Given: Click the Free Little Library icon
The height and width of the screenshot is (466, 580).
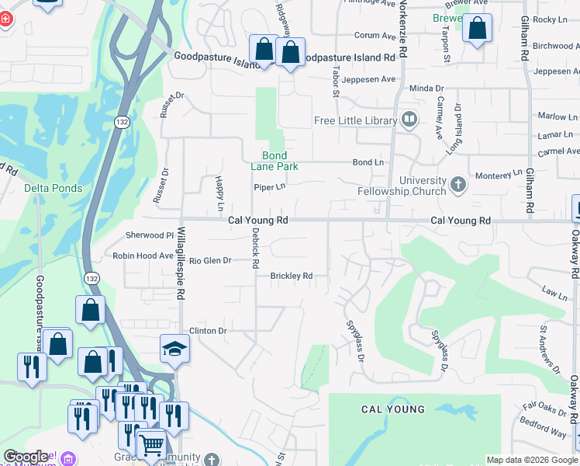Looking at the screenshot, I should [409, 120].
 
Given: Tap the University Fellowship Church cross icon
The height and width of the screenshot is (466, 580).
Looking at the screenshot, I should [458, 184].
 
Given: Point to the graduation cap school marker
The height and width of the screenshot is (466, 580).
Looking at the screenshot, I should [174, 348].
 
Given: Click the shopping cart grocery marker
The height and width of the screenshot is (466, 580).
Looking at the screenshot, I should [151, 445].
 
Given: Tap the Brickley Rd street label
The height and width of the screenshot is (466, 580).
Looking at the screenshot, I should [291, 276].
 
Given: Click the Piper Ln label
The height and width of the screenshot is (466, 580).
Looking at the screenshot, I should [270, 187].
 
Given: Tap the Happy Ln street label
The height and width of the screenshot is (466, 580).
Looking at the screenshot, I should [219, 194].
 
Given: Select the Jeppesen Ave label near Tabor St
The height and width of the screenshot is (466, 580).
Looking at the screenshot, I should [370, 79].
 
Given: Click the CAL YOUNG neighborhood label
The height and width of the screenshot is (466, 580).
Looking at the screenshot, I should [393, 409].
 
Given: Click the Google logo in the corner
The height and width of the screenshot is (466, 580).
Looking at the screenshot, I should [26, 457].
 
